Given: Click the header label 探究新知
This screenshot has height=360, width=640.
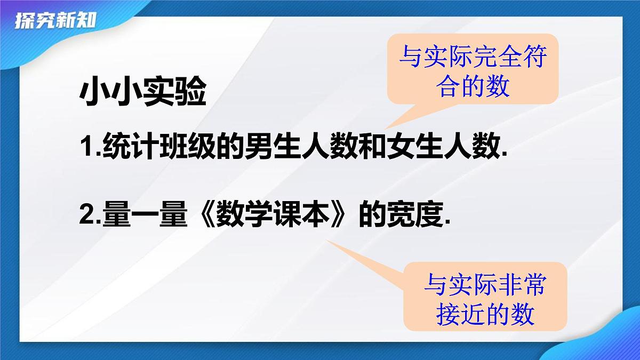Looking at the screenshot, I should coord(55,21).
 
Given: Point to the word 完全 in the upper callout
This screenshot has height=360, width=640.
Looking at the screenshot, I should coord(496,57).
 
